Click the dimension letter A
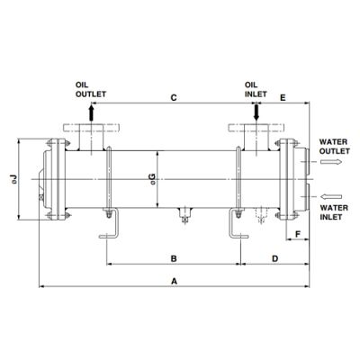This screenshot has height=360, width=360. coord(174,282)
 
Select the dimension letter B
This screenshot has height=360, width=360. coord(174,258)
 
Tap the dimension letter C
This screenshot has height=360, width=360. coord(174,98)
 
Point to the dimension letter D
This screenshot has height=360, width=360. coord(275,258)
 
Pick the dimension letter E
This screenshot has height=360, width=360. coord(283,98)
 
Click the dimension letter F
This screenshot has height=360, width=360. coord(298,234)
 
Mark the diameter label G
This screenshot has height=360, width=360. coord(153,179)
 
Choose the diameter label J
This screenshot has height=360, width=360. coord(14,179)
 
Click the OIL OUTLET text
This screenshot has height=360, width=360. coord(91,90)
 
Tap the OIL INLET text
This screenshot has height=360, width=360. coord(256,90)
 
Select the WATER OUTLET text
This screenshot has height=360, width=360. coord(334,147)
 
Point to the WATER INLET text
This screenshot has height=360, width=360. coord(334,212)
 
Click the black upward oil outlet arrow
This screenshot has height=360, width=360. coord(92,112)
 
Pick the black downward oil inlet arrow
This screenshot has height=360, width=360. coord(256,112)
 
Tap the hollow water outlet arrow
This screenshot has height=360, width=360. coord(331,162)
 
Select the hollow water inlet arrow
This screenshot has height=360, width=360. coord(331,196)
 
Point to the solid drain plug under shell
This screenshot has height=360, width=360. coord(185,215)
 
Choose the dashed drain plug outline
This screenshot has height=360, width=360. coord(261,215)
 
